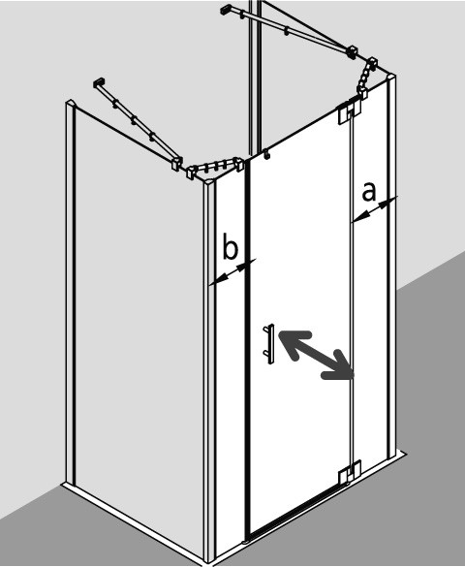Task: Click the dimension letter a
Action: point(368,192)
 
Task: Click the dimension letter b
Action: point(230,246)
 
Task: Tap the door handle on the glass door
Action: point(269,343)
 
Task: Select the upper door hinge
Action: point(350,112)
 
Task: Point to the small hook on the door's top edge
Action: point(267,154)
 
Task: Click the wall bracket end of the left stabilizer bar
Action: point(99,82)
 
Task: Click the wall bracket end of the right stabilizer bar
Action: point(226,10)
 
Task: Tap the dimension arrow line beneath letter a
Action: point(375,208)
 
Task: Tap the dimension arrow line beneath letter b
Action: point(232,271)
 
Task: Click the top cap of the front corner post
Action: point(209,182)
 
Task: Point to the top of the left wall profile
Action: point(71,104)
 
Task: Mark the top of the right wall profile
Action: point(391,78)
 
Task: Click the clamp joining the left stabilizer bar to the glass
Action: point(177,164)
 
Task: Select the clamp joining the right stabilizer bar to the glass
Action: point(352,52)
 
